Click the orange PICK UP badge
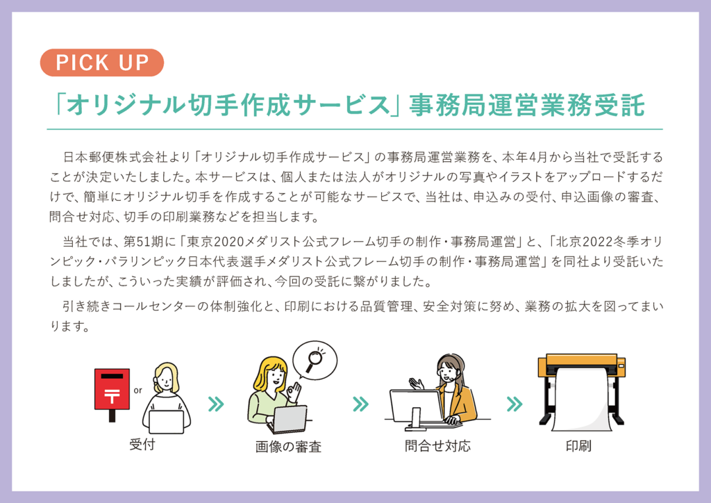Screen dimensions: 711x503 click(102, 63)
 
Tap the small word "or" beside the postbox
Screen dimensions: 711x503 click(138, 390)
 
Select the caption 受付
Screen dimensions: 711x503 click(142, 445)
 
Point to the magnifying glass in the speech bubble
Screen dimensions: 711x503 click(315, 360)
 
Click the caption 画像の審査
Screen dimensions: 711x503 click(288, 447)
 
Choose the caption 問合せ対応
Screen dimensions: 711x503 click(437, 446)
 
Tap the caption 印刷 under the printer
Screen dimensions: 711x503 click(578, 446)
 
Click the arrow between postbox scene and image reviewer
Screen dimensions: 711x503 click(216, 404)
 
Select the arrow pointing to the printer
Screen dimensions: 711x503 click(515, 404)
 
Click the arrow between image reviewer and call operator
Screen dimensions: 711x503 click(361, 404)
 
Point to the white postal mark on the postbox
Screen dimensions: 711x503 click(112, 395)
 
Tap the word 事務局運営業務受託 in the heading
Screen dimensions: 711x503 click(528, 105)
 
